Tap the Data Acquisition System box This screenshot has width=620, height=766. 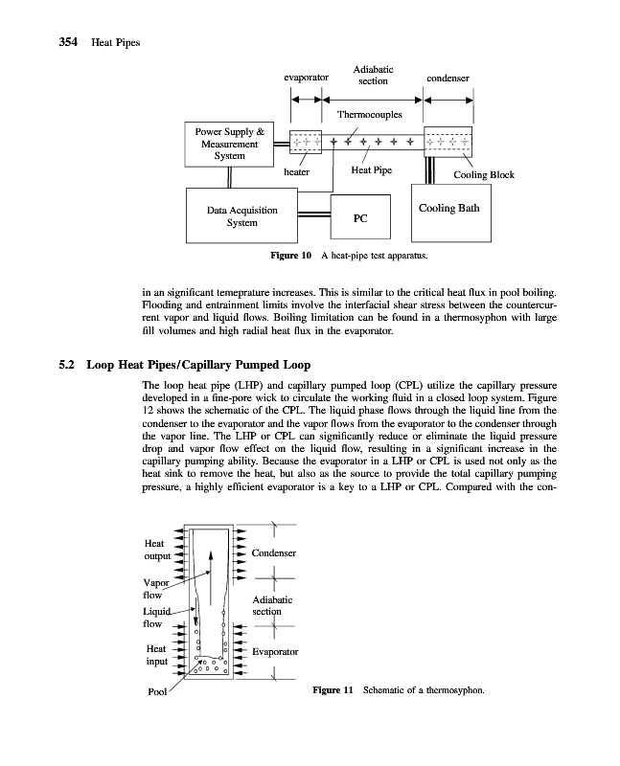click(241, 216)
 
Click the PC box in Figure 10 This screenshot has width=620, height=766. click(360, 217)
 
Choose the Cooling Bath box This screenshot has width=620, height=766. click(449, 208)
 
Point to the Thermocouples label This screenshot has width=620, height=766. click(369, 115)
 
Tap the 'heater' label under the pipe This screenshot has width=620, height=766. click(297, 172)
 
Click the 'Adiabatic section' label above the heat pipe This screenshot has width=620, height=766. click(371, 76)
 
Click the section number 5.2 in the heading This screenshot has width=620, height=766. click(68, 364)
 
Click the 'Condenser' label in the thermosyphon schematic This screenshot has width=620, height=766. click(273, 553)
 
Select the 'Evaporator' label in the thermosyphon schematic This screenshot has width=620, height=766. click(274, 651)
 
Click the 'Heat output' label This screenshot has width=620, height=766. click(156, 549)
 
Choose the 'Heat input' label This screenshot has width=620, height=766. click(156, 655)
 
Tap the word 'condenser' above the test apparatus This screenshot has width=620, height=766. click(448, 78)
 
